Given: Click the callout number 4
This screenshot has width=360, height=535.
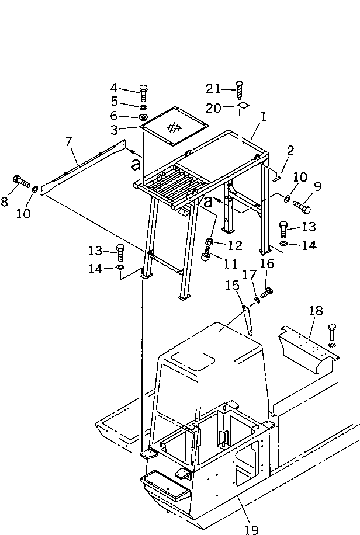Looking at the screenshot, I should [114, 88].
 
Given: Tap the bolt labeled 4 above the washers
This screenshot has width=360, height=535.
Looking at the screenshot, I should [144, 91].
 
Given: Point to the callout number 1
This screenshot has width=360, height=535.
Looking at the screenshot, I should [264, 117].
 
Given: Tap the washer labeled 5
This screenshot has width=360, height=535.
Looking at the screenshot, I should [143, 107].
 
